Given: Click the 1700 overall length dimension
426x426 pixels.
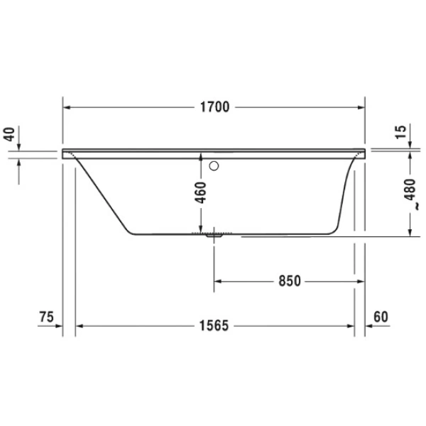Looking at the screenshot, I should [x=214, y=107].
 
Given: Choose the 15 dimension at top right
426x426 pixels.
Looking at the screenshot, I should [x=401, y=132].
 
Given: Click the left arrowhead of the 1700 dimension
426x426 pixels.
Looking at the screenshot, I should [x=68, y=107].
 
